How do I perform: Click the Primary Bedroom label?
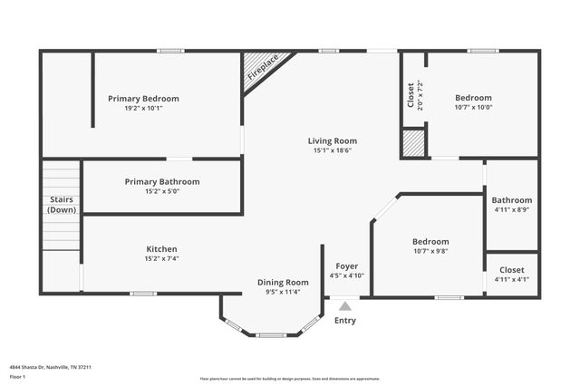click(143, 98)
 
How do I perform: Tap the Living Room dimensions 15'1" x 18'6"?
click(332, 150)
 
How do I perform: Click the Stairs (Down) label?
click(62, 205)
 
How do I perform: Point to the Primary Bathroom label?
click(162, 181)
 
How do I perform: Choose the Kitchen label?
click(162, 249)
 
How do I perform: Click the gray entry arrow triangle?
click(345, 306)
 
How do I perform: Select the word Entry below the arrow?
click(345, 321)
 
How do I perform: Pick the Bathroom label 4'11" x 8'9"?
click(512, 200)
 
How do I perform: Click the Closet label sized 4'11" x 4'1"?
click(512, 270)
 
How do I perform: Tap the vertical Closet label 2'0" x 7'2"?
click(411, 96)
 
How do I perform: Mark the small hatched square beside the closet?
click(414, 144)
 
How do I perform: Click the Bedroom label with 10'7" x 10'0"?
click(473, 98)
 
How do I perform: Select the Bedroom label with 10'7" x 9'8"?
click(430, 242)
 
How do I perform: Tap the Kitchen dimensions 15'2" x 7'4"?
click(162, 258)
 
